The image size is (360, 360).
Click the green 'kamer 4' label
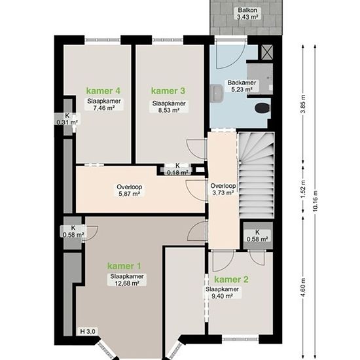click(x=103, y=91)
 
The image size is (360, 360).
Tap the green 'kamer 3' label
click(x=168, y=91)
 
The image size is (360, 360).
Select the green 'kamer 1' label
click(x=124, y=266)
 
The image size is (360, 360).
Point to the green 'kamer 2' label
click(x=232, y=279)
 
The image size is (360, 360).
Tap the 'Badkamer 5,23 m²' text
click(x=242, y=86)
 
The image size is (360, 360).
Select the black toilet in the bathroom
click(x=262, y=108)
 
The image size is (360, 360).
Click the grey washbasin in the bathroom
click(x=217, y=92)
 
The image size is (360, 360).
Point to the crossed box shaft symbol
click(x=267, y=52)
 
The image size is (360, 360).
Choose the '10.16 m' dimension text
click(x=315, y=201)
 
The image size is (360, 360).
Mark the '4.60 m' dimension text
click(x=303, y=287)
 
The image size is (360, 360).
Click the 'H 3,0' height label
click(x=88, y=332)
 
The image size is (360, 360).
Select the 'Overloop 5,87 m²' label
click(x=129, y=190)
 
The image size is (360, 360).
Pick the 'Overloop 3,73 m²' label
click(x=223, y=189)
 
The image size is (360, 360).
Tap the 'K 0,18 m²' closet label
click(x=177, y=169)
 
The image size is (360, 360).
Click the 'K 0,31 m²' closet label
click(x=67, y=119)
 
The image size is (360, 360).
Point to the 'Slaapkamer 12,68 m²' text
click(x=127, y=279)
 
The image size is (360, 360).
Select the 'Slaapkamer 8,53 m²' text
click(x=169, y=107)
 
